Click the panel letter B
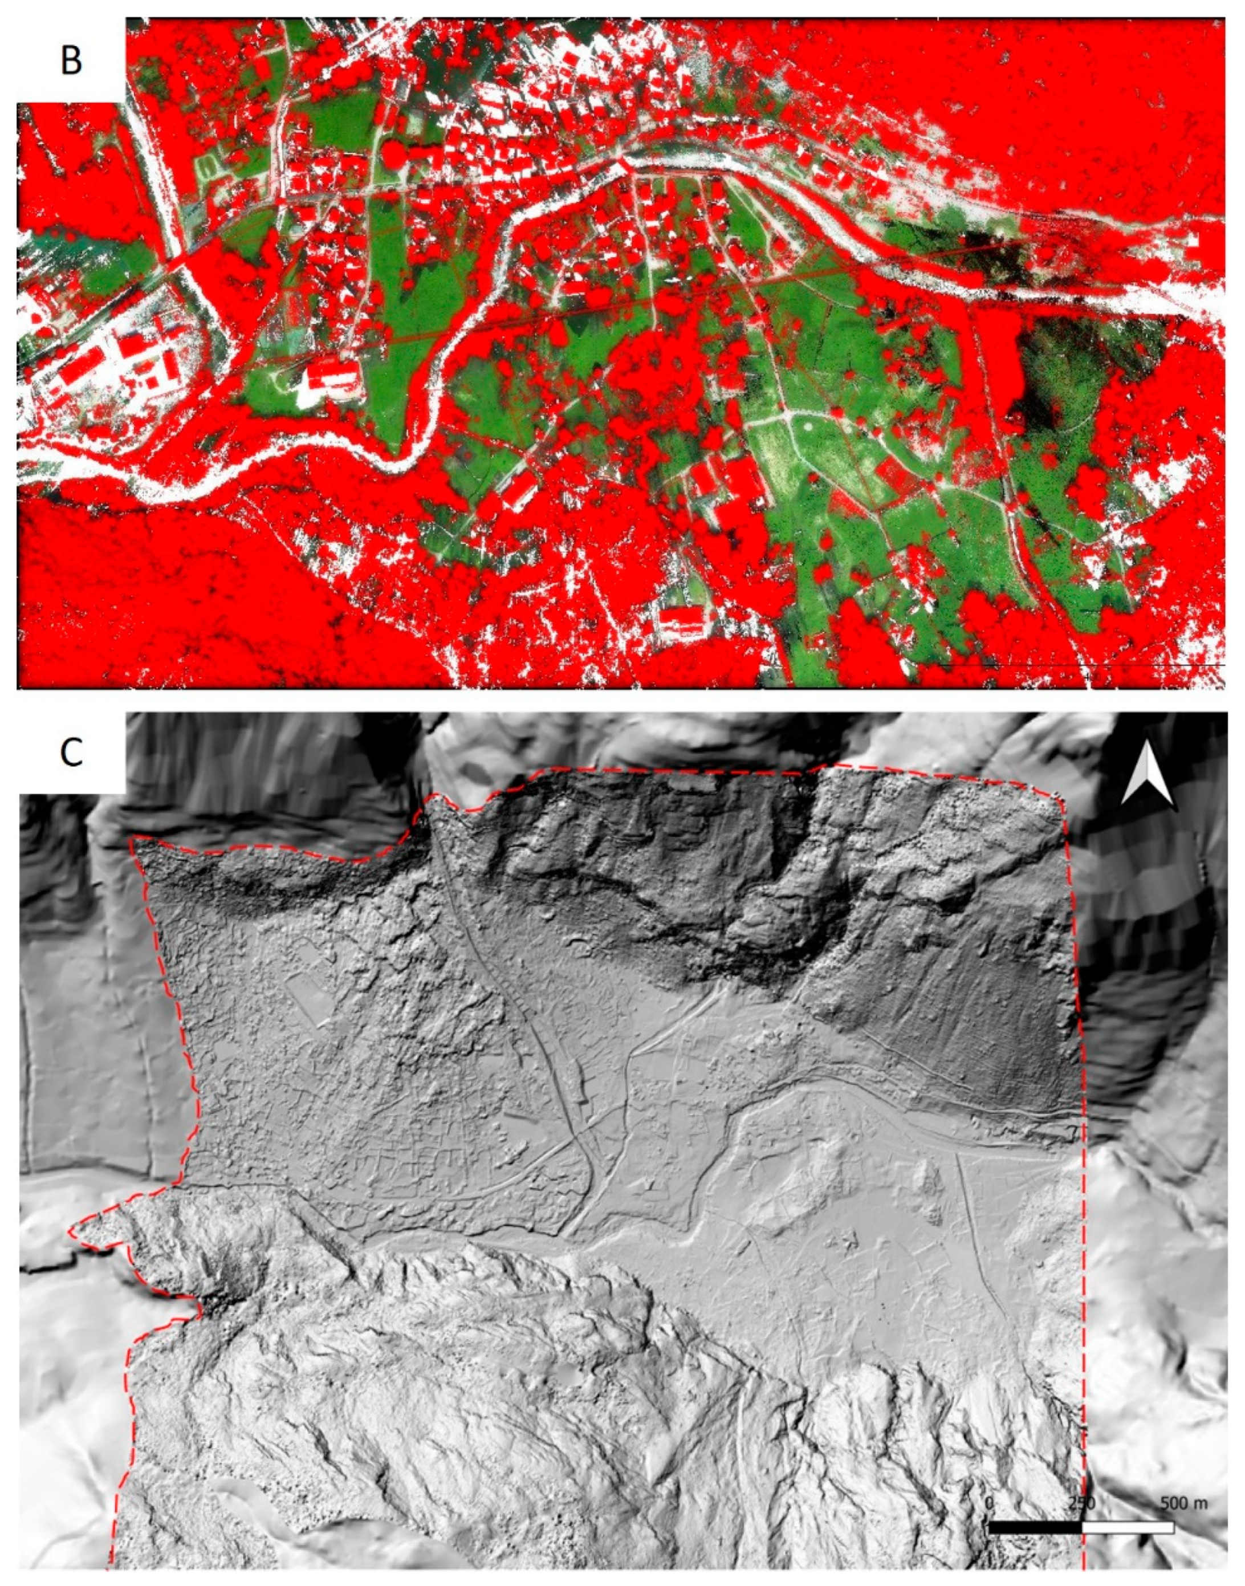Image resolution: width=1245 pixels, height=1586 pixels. point(71,60)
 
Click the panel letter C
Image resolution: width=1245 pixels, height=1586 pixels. point(71,754)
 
